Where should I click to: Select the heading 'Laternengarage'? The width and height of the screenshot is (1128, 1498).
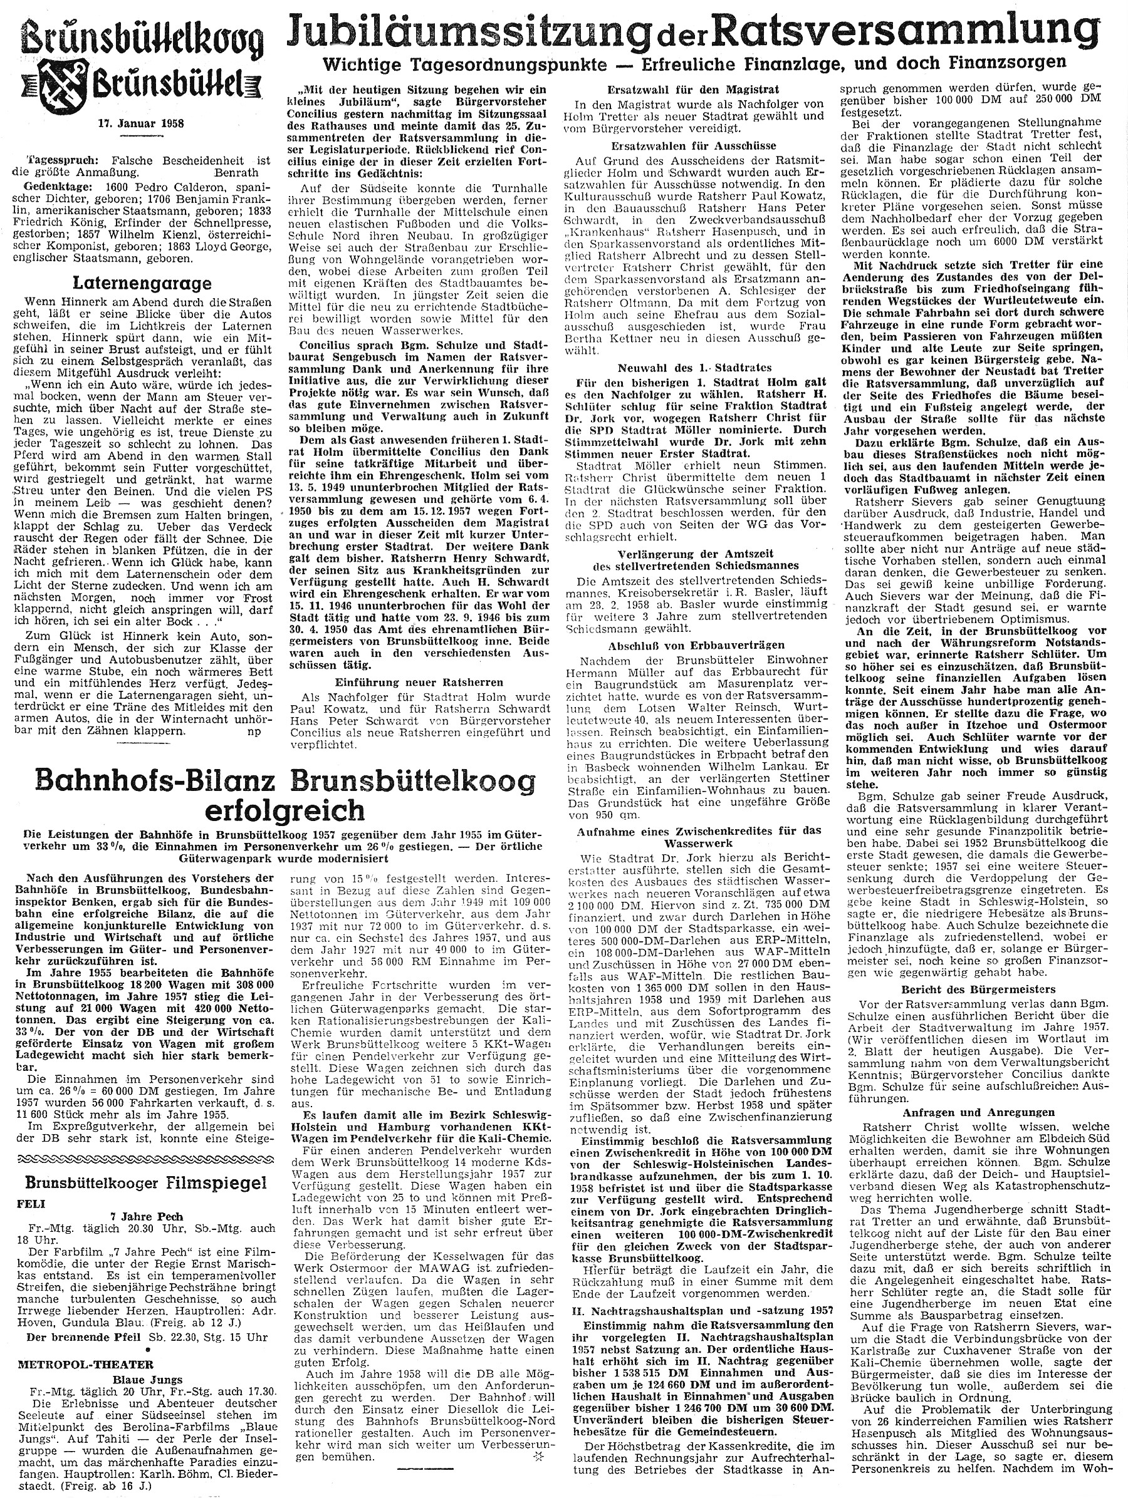144,283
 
